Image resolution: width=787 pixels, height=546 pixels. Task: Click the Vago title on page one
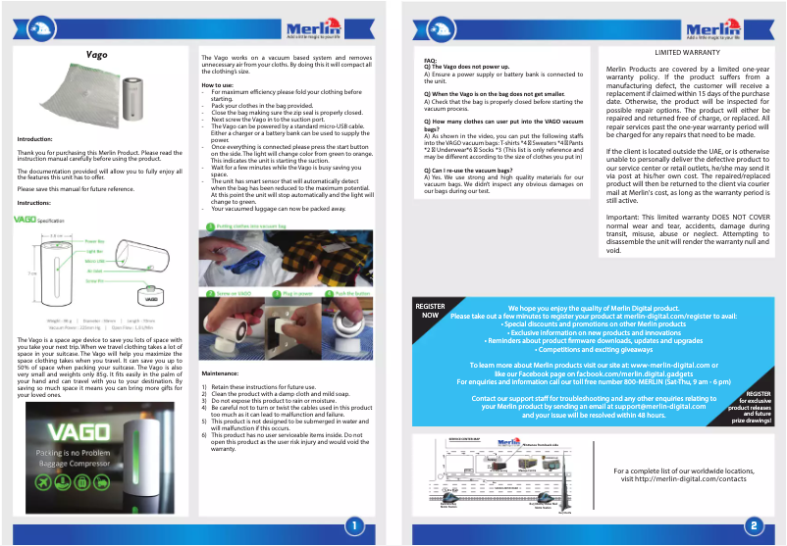coord(96,55)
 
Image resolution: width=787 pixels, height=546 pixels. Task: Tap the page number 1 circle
coord(351,525)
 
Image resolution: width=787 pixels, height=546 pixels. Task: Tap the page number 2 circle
coord(754,525)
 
